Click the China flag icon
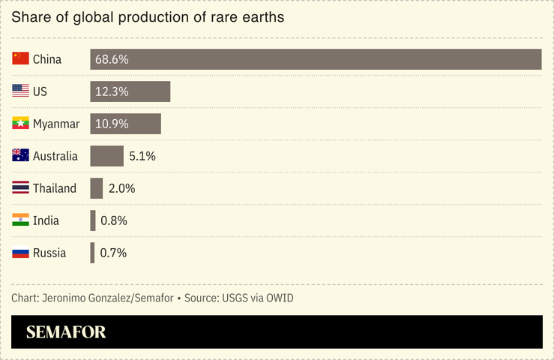[20, 58]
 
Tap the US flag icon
[20, 91]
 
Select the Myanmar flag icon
[20, 123]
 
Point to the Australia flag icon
[20, 155]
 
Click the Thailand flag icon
[20, 187]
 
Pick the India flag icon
[20, 220]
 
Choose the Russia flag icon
[20, 252]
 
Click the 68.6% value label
[112, 59]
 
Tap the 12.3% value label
[112, 91]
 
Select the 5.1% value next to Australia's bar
[142, 156]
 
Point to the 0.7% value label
[113, 253]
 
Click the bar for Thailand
[97, 188]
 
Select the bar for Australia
[106, 156]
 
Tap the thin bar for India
[93, 220]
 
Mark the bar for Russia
[92, 253]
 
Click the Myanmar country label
[56, 124]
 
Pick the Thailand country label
[55, 188]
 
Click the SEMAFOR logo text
[66, 332]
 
